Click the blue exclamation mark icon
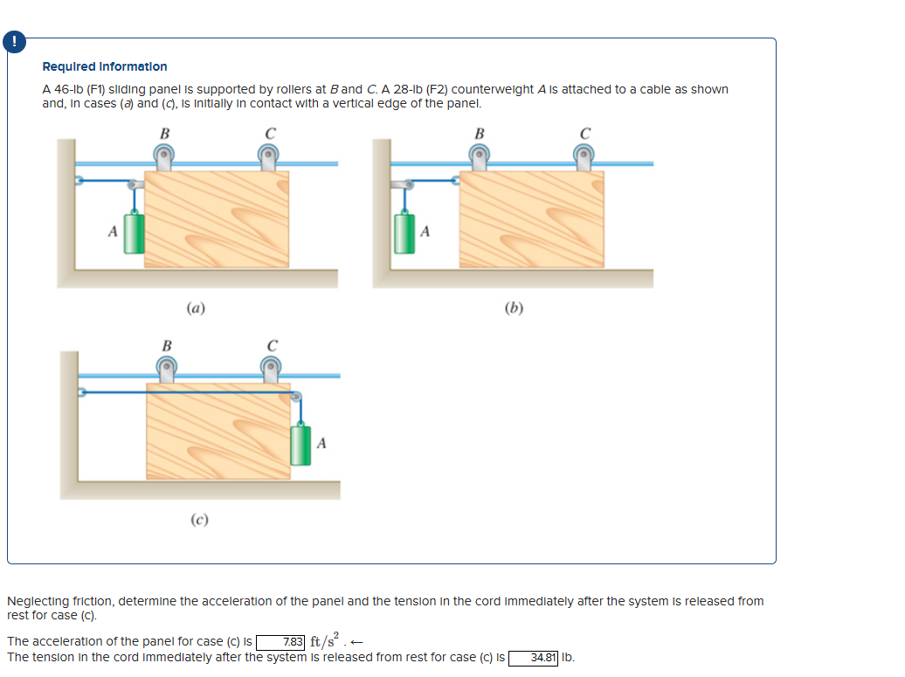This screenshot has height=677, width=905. pos(14,42)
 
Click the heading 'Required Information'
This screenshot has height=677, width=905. pos(105,66)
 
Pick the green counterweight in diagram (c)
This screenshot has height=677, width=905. pos(301,444)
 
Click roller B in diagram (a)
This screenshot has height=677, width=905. pos(163,156)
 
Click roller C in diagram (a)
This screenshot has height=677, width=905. pos(269,156)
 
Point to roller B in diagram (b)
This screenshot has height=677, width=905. pos(479,156)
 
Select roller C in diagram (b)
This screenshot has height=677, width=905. pos(584,156)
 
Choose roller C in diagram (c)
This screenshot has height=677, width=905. pos(272,369)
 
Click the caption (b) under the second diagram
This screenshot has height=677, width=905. pos(514,307)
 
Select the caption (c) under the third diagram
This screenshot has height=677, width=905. pos(200,520)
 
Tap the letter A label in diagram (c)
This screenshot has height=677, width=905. pos(321,444)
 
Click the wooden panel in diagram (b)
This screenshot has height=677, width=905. pos(531,218)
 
